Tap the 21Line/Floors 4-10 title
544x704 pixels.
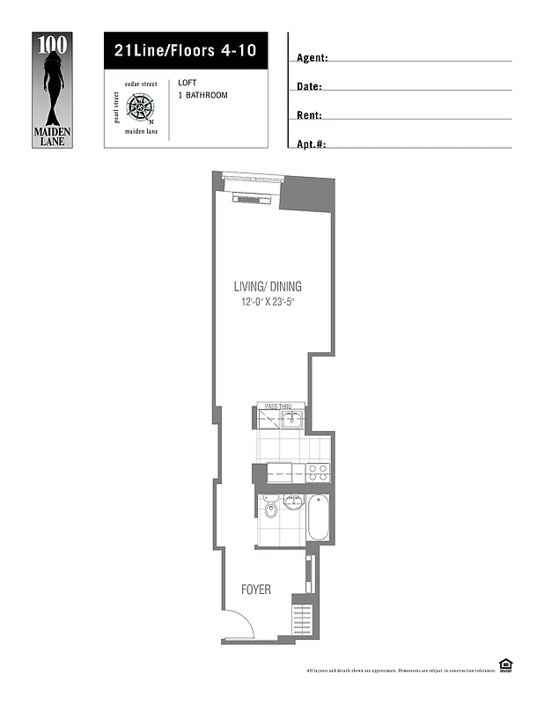pyautogui.click(x=185, y=50)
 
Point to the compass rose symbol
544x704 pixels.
pyautogui.click(x=140, y=107)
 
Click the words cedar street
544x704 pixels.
pyautogui.click(x=140, y=84)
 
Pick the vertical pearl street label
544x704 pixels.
pyautogui.click(x=116, y=107)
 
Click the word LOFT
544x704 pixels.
pyautogui.click(x=186, y=83)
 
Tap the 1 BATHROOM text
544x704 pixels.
pyautogui.click(x=202, y=95)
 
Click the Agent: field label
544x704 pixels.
pyautogui.click(x=312, y=58)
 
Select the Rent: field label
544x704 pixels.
pyautogui.click(x=310, y=115)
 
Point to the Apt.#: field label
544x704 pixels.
pyautogui.click(x=312, y=143)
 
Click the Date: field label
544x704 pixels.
pyautogui.click(x=310, y=86)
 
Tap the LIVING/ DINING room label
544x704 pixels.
pyautogui.click(x=268, y=286)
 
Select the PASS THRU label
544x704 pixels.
pyautogui.click(x=278, y=407)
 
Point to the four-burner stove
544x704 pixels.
pyautogui.click(x=317, y=473)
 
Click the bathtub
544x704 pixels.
pyautogui.click(x=319, y=519)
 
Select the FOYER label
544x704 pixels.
pyautogui.click(x=256, y=590)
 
